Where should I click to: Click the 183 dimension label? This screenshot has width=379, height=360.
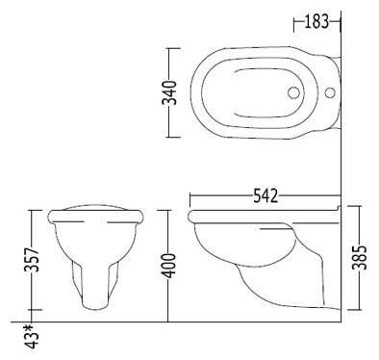[x=316, y=22]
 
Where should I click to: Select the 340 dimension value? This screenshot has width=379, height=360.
[x=169, y=93]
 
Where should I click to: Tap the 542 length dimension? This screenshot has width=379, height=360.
[x=265, y=195]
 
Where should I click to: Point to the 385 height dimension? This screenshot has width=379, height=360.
[x=359, y=258]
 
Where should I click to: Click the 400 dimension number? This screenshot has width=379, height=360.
[x=168, y=266]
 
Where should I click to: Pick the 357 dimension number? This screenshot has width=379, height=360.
[x=32, y=260]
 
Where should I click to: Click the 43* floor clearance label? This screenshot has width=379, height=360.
[x=33, y=337]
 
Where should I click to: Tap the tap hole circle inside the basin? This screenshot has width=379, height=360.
[x=293, y=92]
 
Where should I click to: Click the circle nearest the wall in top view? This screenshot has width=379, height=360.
[x=330, y=92]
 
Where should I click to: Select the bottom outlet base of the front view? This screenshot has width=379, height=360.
[x=94, y=306]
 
